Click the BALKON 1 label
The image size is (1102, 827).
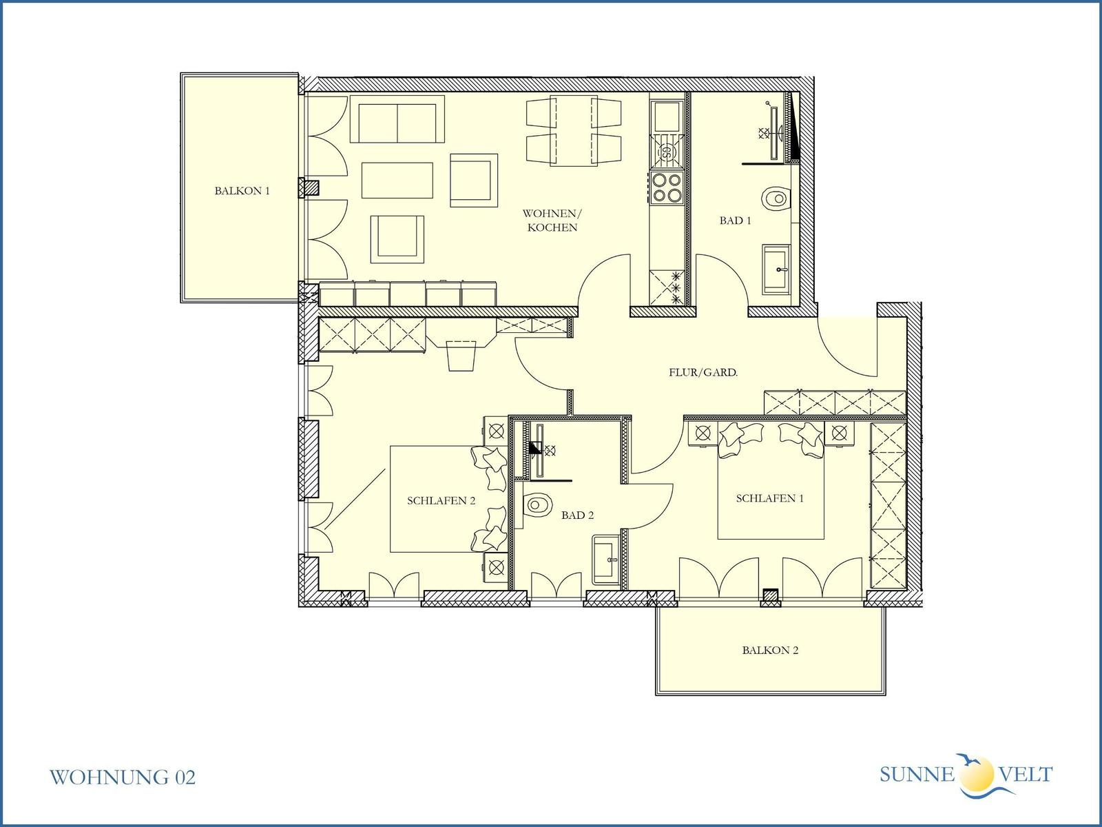[242, 191]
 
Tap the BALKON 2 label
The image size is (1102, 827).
[770, 651]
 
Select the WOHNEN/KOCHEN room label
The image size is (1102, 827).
[552, 221]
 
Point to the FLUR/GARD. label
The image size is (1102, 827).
[703, 373]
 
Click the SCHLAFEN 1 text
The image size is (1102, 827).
[769, 498]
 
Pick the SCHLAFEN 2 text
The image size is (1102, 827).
[441, 500]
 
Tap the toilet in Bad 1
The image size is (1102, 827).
[776, 198]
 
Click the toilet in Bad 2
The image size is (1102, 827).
[537, 504]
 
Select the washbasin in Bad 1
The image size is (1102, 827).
[776, 269]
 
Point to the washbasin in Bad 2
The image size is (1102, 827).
[607, 560]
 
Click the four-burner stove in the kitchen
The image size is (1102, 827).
[667, 187]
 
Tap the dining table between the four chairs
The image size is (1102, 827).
[573, 130]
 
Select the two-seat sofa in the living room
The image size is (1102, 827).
[397, 119]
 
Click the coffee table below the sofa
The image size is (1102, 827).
[397, 181]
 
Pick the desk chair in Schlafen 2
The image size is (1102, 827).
[461, 356]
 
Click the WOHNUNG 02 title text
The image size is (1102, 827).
[123, 777]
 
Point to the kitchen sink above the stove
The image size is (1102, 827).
[667, 116]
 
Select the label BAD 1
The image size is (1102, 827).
[735, 221]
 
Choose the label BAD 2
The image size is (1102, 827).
[577, 515]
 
